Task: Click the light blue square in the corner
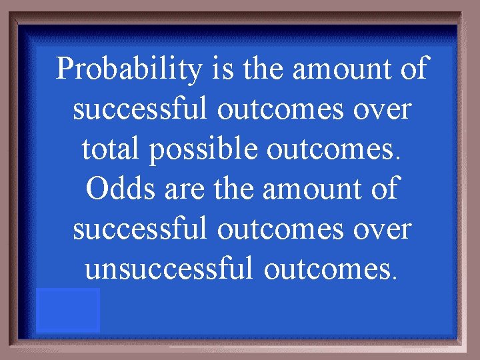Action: pos(68,310)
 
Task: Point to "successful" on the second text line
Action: pos(141,109)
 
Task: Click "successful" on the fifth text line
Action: pos(141,229)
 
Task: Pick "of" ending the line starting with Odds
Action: pos(385,189)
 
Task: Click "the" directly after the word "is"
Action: pos(264,69)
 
